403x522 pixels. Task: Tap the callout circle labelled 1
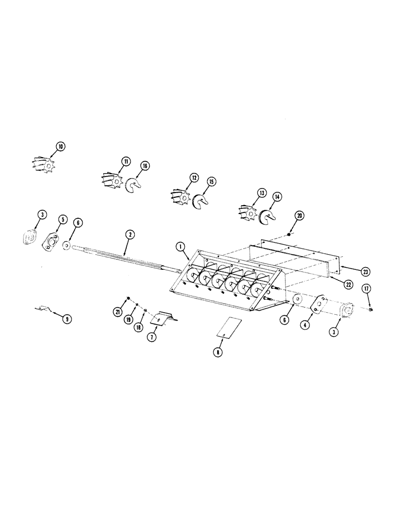pos(180,245)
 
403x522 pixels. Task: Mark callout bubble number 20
pos(299,215)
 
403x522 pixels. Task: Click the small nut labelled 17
pos(369,310)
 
